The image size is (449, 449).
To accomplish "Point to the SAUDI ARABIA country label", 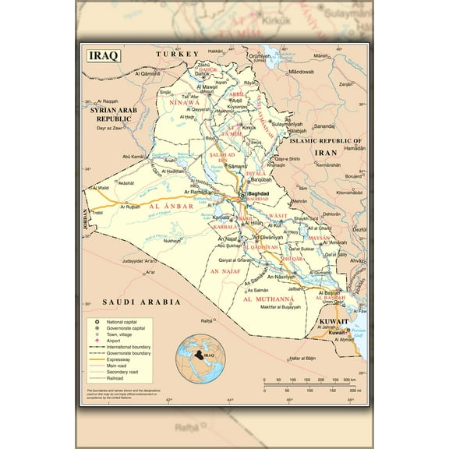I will point(132,302).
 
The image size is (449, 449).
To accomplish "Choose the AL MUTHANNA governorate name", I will point(269,299).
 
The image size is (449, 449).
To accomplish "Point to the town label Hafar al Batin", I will point(301,358).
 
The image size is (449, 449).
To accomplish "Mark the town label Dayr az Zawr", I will point(108,127).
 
